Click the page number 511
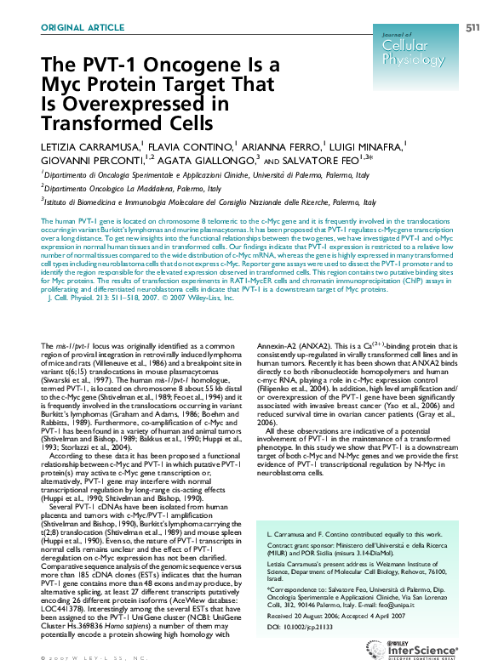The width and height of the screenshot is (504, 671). click(472, 29)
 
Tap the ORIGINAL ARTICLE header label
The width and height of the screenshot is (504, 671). click(82, 29)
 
